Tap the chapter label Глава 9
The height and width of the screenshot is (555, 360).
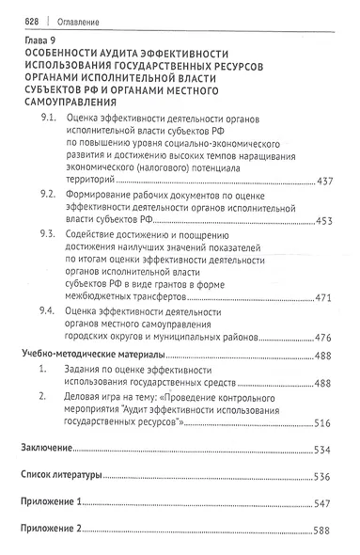[41, 43]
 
